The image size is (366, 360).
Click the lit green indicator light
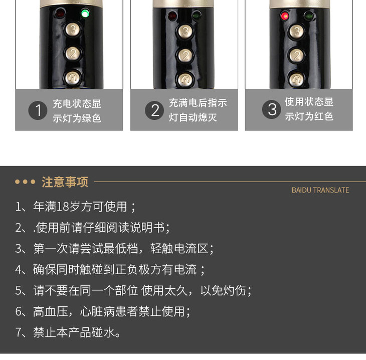pyautogui.click(x=85, y=14)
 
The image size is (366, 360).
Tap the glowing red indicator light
pyautogui.click(x=285, y=16)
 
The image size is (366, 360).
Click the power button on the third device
pyautogui.click(x=296, y=79)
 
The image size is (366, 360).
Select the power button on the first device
pyautogui.click(x=72, y=77)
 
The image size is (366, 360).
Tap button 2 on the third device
pyautogui.click(x=296, y=55)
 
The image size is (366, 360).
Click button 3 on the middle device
pyautogui.click(x=186, y=32)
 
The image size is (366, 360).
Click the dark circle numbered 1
pyautogui.click(x=38, y=110)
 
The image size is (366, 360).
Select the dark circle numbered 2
pyautogui.click(x=154, y=110)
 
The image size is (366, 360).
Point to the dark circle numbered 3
pyautogui.click(x=271, y=109)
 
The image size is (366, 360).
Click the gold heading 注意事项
pyautogui.click(x=65, y=182)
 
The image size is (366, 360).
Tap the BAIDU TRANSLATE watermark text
pyautogui.click(x=320, y=190)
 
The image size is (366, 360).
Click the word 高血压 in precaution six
pyautogui.click(x=51, y=311)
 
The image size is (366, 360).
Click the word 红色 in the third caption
pyautogui.click(x=324, y=116)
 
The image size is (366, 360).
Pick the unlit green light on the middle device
pyautogui.click(x=197, y=16)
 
